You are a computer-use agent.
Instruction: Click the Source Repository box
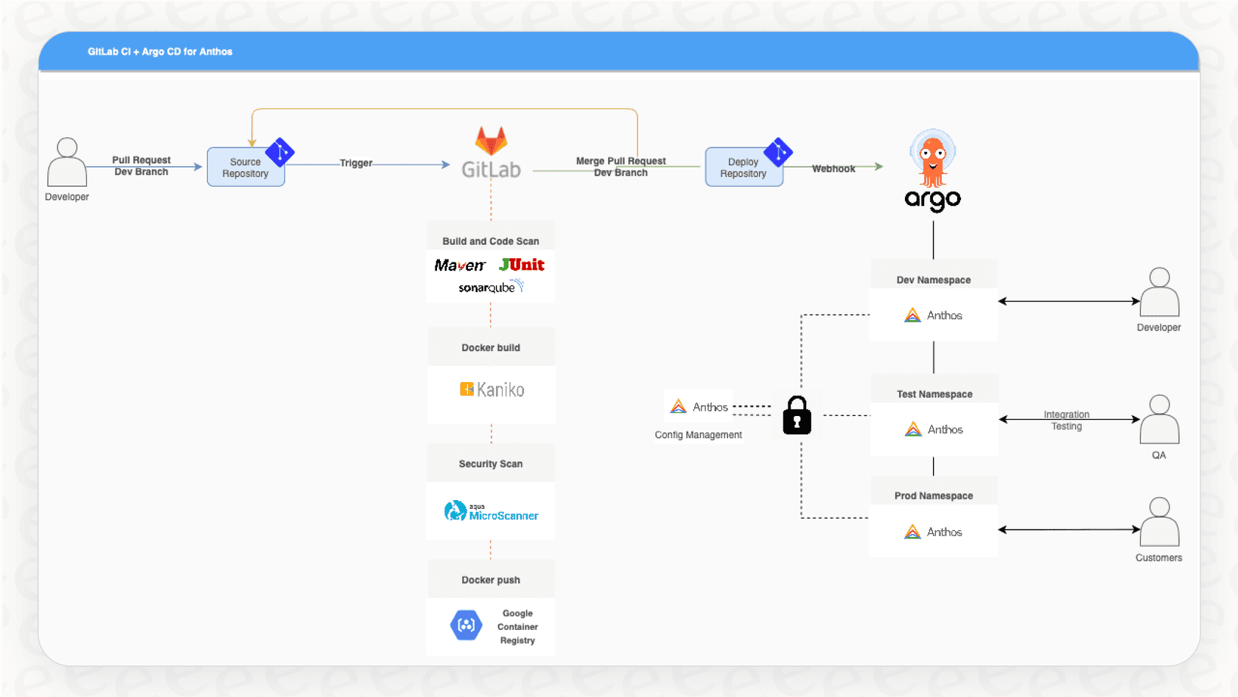245,167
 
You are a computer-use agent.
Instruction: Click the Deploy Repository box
743,167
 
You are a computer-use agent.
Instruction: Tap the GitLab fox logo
491,141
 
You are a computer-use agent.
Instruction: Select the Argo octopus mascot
933,158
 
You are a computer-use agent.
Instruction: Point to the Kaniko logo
492,389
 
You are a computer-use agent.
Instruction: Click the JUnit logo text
522,265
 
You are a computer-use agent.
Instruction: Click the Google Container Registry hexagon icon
466,625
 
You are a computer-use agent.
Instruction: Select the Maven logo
460,266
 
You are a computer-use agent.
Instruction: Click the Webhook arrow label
833,169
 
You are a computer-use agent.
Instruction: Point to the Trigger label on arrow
356,163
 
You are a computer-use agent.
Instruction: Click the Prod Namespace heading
934,496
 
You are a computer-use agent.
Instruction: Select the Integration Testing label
1066,420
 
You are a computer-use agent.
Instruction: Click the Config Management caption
698,435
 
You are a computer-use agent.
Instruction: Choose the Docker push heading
491,580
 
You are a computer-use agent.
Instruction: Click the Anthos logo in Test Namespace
914,429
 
